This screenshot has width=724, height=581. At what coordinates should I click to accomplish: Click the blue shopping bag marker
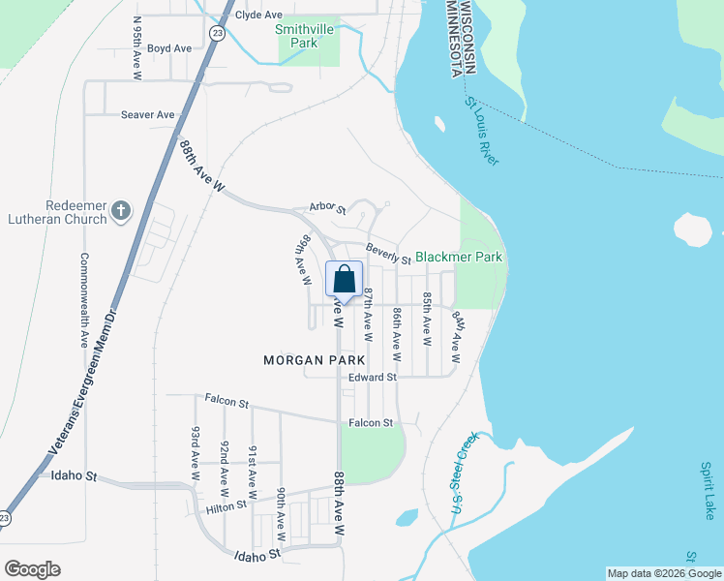pos(344,280)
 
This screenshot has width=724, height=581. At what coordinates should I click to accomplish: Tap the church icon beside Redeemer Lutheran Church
pos(121,211)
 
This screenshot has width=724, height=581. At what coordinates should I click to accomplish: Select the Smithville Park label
pos(309,36)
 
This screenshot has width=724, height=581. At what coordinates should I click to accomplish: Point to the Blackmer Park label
pos(459,258)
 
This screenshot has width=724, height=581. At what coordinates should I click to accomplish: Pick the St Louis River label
pos(482,131)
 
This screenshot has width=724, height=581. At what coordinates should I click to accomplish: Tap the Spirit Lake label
pos(709,490)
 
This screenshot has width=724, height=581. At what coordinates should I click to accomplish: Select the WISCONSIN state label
pos(468,37)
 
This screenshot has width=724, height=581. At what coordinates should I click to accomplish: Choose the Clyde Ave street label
pos(258,15)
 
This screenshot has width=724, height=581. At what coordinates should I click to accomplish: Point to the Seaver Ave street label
pos(147,114)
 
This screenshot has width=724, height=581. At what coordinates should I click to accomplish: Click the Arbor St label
pos(327,206)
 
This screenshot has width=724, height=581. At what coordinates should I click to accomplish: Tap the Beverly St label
pos(388,254)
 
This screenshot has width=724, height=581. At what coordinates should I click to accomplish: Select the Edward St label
pos(373,377)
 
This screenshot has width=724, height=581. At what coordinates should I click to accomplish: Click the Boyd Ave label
pos(169,48)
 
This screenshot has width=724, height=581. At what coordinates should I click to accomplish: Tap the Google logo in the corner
pos(32,569)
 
